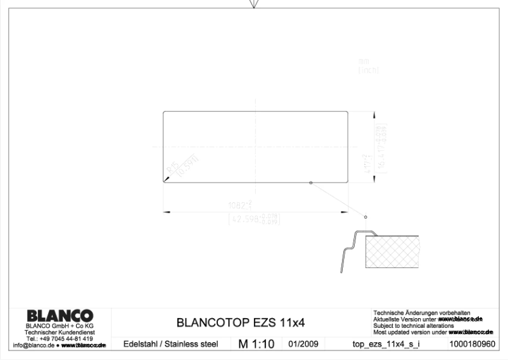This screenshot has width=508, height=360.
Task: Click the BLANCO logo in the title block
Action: pos(60,316)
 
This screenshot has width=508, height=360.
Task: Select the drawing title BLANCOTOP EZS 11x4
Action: pos(240,323)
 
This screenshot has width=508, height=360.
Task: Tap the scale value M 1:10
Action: pos(256,344)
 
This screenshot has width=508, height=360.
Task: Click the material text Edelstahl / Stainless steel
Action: pos(170,344)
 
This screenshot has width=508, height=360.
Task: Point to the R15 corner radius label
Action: pos(170,167)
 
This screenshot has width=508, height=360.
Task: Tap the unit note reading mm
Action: pos(364,61)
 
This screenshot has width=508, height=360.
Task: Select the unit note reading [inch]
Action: pos(368,71)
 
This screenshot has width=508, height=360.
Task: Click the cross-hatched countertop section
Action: pos(393,252)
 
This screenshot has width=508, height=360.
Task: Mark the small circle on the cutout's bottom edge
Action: pos(310,183)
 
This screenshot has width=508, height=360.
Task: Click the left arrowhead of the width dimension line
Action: pos(165,210)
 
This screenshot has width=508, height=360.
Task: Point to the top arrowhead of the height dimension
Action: pos(370,113)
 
